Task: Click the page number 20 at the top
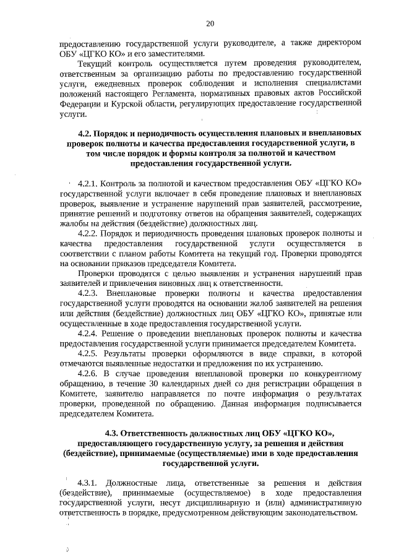click(x=210, y=24)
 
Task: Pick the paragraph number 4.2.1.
click(x=88, y=184)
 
